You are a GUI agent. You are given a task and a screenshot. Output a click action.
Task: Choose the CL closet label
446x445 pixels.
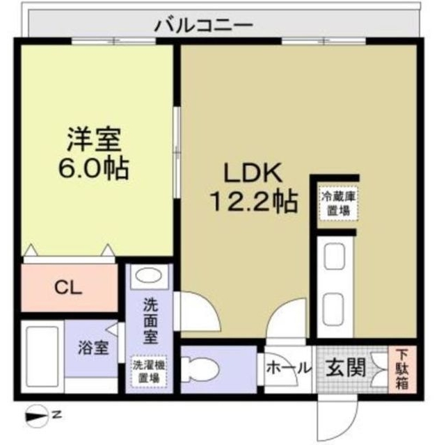(x=67, y=286)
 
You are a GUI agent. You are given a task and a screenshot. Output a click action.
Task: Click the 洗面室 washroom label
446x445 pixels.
(x=150, y=321)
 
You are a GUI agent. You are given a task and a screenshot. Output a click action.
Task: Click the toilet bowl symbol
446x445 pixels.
(x=209, y=369)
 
